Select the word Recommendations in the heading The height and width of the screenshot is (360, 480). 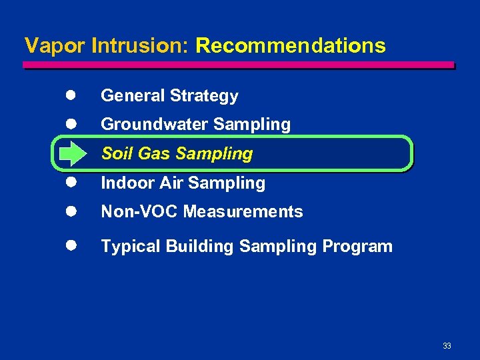point(291,45)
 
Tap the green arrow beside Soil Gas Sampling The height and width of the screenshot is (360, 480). point(69,154)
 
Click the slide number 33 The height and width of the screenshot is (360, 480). point(447,346)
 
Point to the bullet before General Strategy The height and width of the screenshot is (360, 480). point(69,95)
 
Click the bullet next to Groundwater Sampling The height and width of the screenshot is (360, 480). point(69,124)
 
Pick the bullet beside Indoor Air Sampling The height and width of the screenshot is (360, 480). point(69,183)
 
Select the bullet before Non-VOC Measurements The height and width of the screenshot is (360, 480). point(69,211)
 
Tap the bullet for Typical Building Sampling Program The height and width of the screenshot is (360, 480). point(69,246)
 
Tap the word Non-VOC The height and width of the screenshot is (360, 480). point(139,212)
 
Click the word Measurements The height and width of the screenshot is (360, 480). point(243,212)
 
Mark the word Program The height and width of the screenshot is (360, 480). point(357,247)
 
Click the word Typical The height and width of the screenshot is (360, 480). point(131,247)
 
